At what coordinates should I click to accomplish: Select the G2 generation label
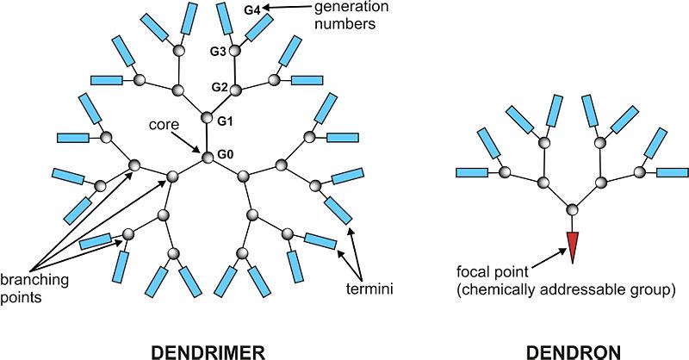point(220,89)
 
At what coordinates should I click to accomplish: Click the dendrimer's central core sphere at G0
point(208,157)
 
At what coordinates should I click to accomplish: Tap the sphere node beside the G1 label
point(207,119)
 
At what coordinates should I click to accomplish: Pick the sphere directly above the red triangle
point(574,209)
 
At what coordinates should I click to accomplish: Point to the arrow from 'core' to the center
point(190,140)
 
